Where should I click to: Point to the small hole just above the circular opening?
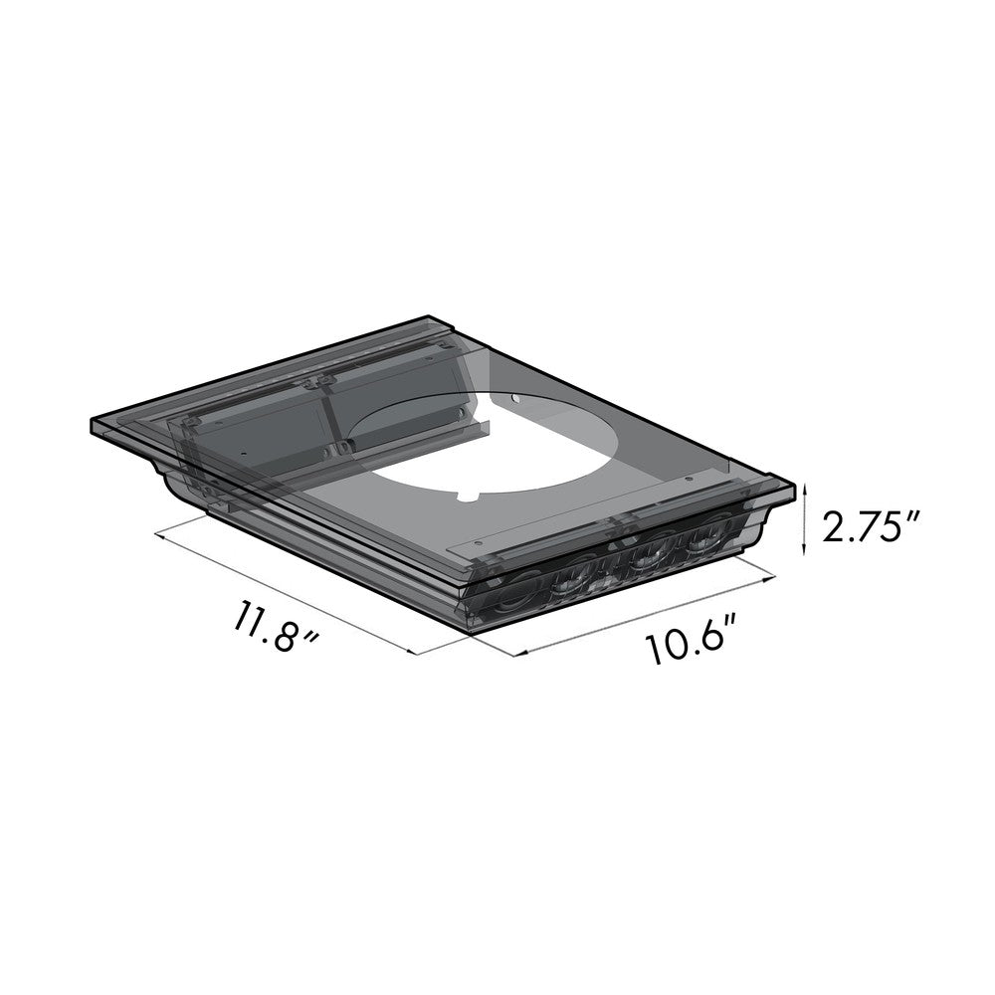(x=514, y=399)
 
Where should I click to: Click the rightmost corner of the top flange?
(x=795, y=488)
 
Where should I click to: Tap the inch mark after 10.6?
(x=737, y=628)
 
